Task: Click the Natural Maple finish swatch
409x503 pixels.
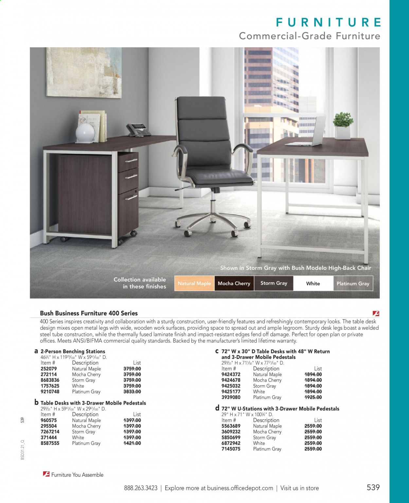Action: tap(194, 284)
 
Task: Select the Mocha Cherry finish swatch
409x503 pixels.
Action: tap(234, 284)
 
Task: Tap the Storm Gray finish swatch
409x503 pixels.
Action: tap(274, 283)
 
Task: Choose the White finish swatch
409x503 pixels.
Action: tap(313, 284)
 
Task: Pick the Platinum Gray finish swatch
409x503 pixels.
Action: tap(353, 284)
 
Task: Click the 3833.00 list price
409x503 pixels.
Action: tap(132, 392)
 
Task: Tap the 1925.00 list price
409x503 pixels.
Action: tap(313, 398)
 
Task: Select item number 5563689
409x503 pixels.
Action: tap(231, 426)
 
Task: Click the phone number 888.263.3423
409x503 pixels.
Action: tap(141, 488)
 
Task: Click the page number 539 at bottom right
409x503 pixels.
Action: tap(373, 487)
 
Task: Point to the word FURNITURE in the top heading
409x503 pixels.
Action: tap(329, 22)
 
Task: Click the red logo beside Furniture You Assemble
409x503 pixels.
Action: tap(46, 474)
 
